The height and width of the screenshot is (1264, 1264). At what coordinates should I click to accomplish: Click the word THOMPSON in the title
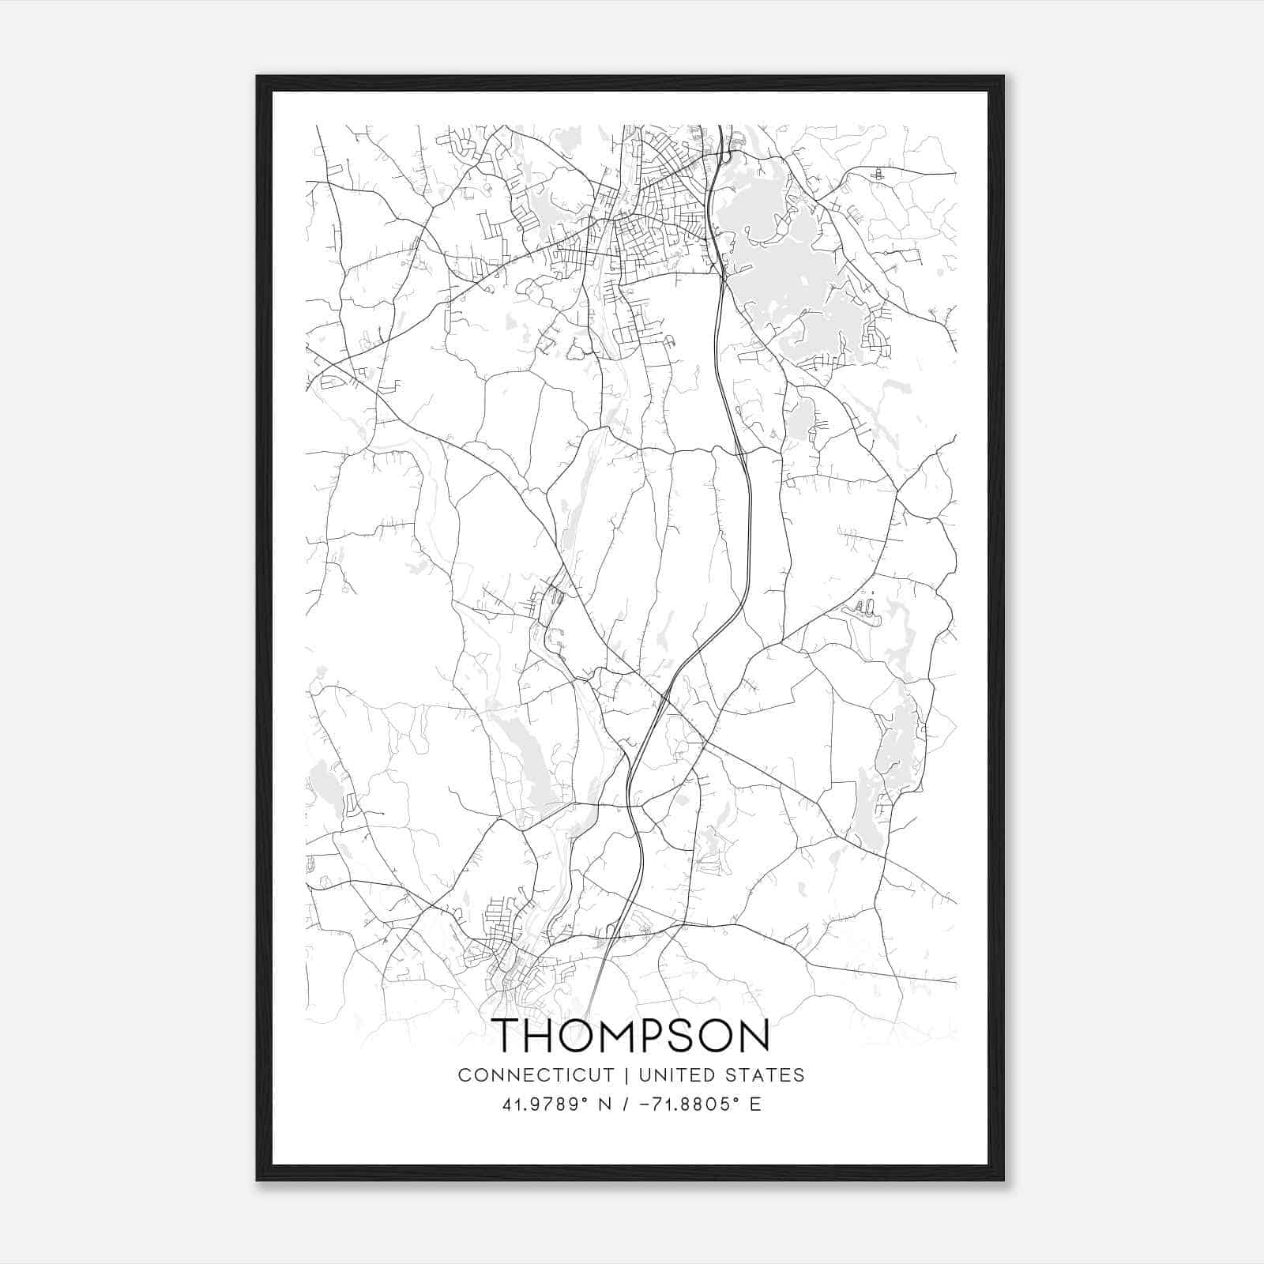tap(631, 1036)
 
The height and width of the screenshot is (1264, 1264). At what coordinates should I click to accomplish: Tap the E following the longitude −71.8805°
tap(756, 1104)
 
